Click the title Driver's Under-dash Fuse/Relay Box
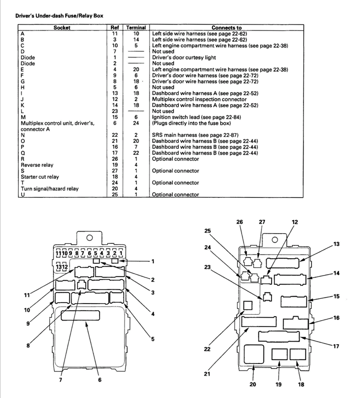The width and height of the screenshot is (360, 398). [x=59, y=16]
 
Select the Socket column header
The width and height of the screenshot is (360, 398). [x=61, y=27]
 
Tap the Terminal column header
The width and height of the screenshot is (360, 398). [x=136, y=27]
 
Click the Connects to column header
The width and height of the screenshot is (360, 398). [x=226, y=27]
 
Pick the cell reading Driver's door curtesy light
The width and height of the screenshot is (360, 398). [x=183, y=57]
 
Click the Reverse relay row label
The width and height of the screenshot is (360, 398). [x=37, y=165]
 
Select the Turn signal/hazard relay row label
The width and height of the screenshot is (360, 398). [x=49, y=189]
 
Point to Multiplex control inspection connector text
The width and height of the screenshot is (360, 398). [x=199, y=99]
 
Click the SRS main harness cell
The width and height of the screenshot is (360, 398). [x=195, y=135]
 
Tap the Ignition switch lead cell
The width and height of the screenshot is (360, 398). [x=196, y=117]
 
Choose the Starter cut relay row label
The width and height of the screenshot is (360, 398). [x=39, y=177]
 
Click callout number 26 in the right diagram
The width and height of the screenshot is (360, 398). [x=239, y=222]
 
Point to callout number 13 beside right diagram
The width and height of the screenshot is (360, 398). [x=336, y=244]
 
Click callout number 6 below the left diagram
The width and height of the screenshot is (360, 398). [x=99, y=380]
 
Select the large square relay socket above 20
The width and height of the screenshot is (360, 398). [x=254, y=354]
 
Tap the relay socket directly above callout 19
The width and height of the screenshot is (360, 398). [x=279, y=354]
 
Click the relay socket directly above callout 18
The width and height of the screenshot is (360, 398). [x=298, y=354]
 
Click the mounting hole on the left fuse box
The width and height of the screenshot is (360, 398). [x=89, y=238]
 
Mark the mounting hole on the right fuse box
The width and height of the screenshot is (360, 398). [x=274, y=240]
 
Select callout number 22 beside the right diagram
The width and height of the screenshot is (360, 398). [x=207, y=349]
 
